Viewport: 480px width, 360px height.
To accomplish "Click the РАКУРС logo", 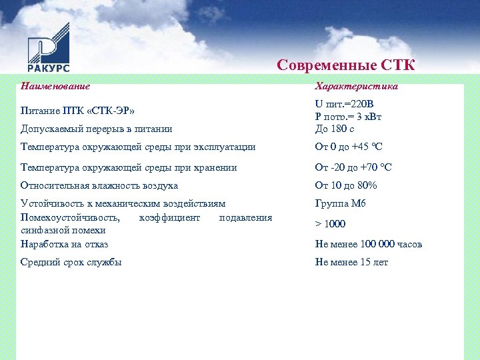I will pos(49,47).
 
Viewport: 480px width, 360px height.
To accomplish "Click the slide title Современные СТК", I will pos(346,65).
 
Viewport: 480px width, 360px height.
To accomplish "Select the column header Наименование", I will pos(55,86).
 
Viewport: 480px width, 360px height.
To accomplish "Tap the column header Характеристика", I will pos(357,86).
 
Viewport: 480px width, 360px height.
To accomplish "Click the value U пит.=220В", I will pos(345,105).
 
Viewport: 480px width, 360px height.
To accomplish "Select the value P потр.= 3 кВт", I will pos(348,117).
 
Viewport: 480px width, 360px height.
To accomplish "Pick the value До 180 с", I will pos(335,129).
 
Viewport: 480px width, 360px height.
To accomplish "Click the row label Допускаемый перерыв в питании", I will pos(96,129).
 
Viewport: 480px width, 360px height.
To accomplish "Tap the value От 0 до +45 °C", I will pos(348,147).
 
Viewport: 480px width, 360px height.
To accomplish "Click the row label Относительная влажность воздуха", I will pos(99,185).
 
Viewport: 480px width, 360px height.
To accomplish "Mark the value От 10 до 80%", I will pos(346,185).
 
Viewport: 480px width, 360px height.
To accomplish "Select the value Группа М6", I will pos(341,203).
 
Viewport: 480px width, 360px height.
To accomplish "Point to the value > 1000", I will pos(331,224).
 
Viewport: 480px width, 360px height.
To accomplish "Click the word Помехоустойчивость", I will pos(70,217).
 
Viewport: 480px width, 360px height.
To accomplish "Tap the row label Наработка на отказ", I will pos(65,244).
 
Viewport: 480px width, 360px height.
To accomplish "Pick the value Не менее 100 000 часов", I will pos(369,244).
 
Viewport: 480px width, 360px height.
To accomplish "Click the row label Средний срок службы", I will pos(71,262).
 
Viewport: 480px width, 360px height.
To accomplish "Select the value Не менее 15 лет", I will pos(351,262).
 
